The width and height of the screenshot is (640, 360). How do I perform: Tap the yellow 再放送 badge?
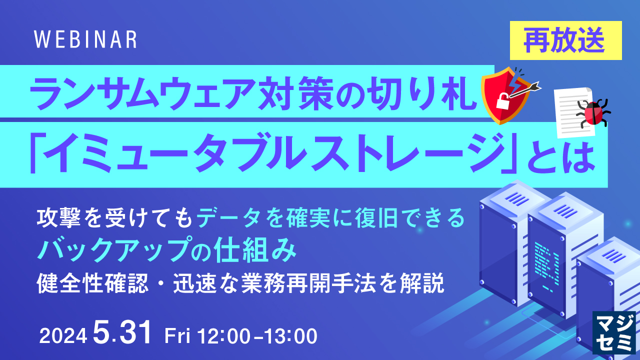click(x=565, y=41)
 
